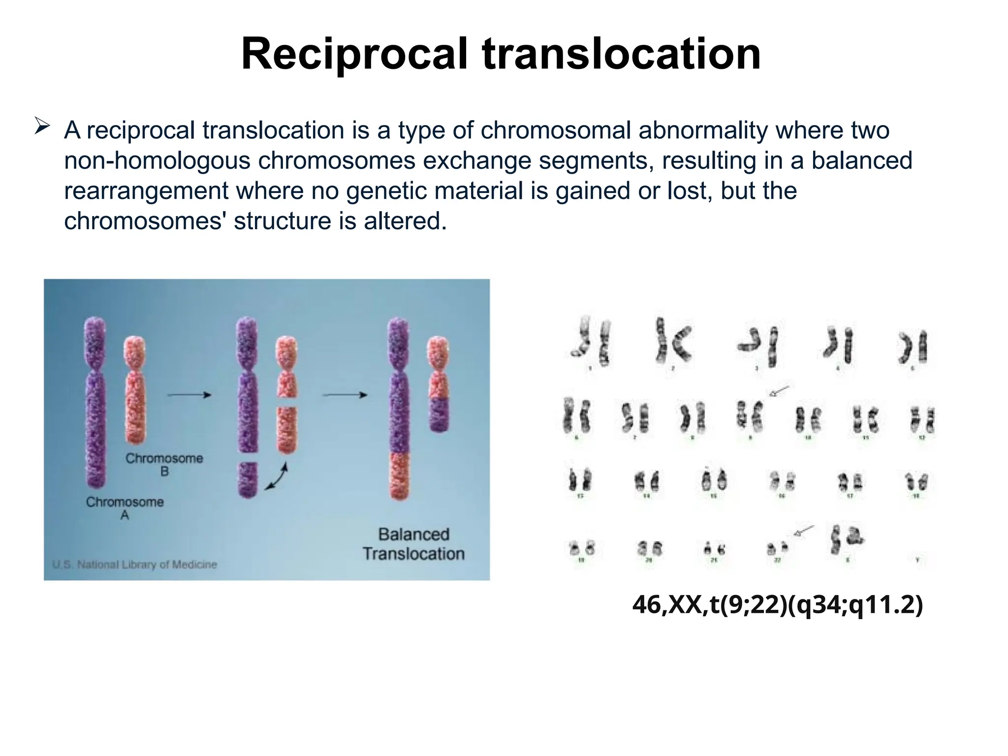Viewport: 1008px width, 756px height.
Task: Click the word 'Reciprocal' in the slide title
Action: coord(354,54)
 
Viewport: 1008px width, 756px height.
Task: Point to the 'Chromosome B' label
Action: coord(164,465)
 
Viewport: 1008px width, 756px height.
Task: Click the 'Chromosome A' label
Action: coord(125,508)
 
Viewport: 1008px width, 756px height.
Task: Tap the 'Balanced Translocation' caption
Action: coord(413,544)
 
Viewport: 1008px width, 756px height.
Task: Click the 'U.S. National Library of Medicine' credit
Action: coord(134,565)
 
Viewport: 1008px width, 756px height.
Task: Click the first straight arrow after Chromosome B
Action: coord(189,395)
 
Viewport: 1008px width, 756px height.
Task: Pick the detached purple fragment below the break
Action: coord(248,479)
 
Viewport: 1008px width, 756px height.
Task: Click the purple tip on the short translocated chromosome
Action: coord(438,414)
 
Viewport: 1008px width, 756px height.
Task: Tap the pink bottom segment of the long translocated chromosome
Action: coord(399,475)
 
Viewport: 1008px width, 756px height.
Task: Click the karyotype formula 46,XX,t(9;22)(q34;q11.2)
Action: coord(777,604)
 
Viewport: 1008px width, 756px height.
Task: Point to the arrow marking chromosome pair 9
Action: coord(779,391)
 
